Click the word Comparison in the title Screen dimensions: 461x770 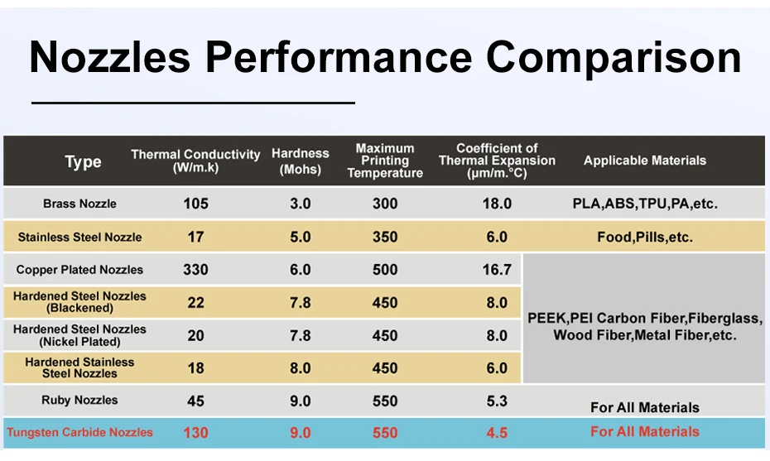614,57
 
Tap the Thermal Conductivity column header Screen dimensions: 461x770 195,161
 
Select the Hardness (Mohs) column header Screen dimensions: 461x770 301,161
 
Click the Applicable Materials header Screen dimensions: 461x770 644,161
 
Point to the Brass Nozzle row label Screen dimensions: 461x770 79,204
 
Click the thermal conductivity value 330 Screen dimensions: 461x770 195,270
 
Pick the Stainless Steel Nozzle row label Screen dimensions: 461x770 79,238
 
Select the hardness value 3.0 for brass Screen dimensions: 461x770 301,204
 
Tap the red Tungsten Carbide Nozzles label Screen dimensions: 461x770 79,432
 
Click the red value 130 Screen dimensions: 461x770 195,432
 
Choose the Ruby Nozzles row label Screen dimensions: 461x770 79,401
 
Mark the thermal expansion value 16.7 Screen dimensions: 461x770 497,270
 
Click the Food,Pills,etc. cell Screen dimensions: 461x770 644,238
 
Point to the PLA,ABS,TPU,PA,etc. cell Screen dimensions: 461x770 644,204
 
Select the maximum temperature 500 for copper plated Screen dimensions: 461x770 385,270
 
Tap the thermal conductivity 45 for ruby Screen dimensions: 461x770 195,401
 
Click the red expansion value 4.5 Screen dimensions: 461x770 497,432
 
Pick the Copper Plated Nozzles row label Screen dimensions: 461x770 79,270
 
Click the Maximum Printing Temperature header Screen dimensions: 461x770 385,161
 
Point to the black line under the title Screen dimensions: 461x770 193,103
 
